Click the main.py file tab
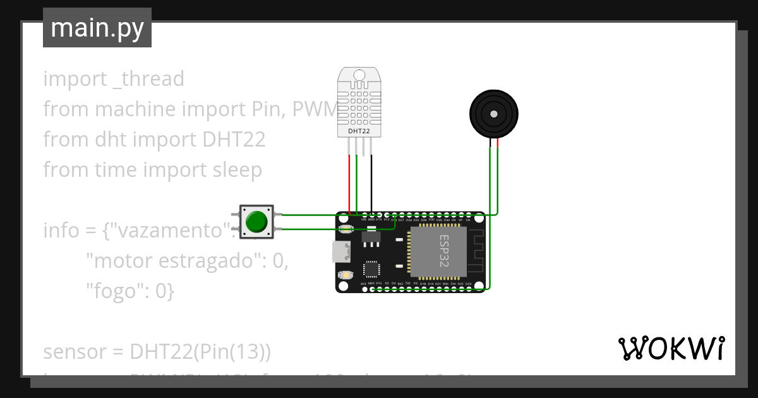pyautogui.click(x=97, y=28)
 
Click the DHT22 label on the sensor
pyautogui.click(x=359, y=131)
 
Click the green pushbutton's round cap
pyautogui.click(x=256, y=222)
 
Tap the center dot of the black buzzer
pyautogui.click(x=494, y=114)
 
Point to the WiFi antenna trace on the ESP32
pyautogui.click(x=478, y=253)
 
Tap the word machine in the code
pyautogui.click(x=135, y=109)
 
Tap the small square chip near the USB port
pyautogui.click(x=371, y=270)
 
